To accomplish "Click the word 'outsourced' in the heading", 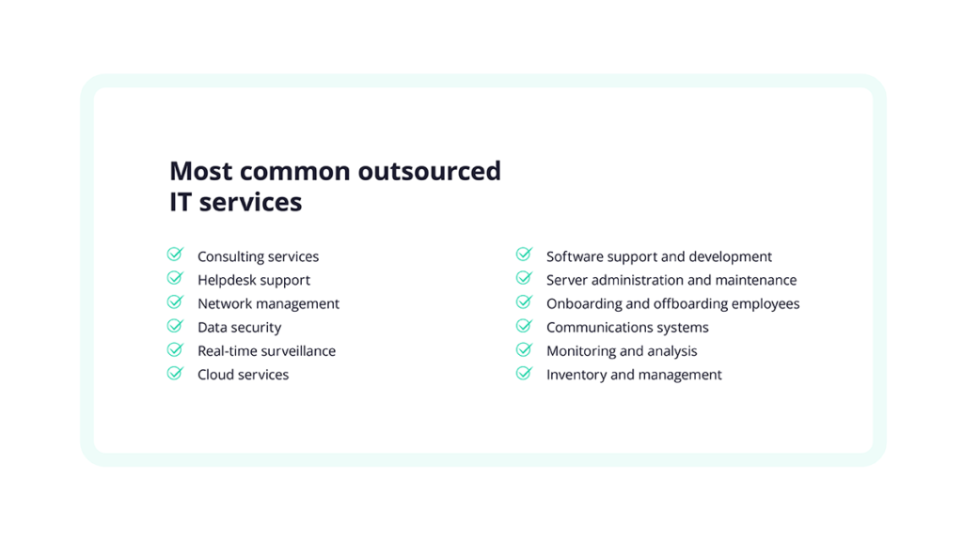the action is click(429, 171).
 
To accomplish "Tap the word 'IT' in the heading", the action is click(181, 202).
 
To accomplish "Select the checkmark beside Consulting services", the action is click(176, 255).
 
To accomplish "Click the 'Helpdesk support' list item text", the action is click(254, 281).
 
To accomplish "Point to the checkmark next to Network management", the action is click(176, 301).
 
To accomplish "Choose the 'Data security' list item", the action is click(240, 328).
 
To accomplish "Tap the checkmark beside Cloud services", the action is click(176, 373).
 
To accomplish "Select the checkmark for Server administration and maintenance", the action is click(525, 278).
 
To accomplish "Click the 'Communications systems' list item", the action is click(627, 328).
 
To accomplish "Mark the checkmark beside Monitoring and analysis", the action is click(525, 349).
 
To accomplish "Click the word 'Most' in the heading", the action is click(200, 171).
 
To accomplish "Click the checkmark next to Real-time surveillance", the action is click(176, 348).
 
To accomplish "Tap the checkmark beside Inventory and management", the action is click(525, 373).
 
